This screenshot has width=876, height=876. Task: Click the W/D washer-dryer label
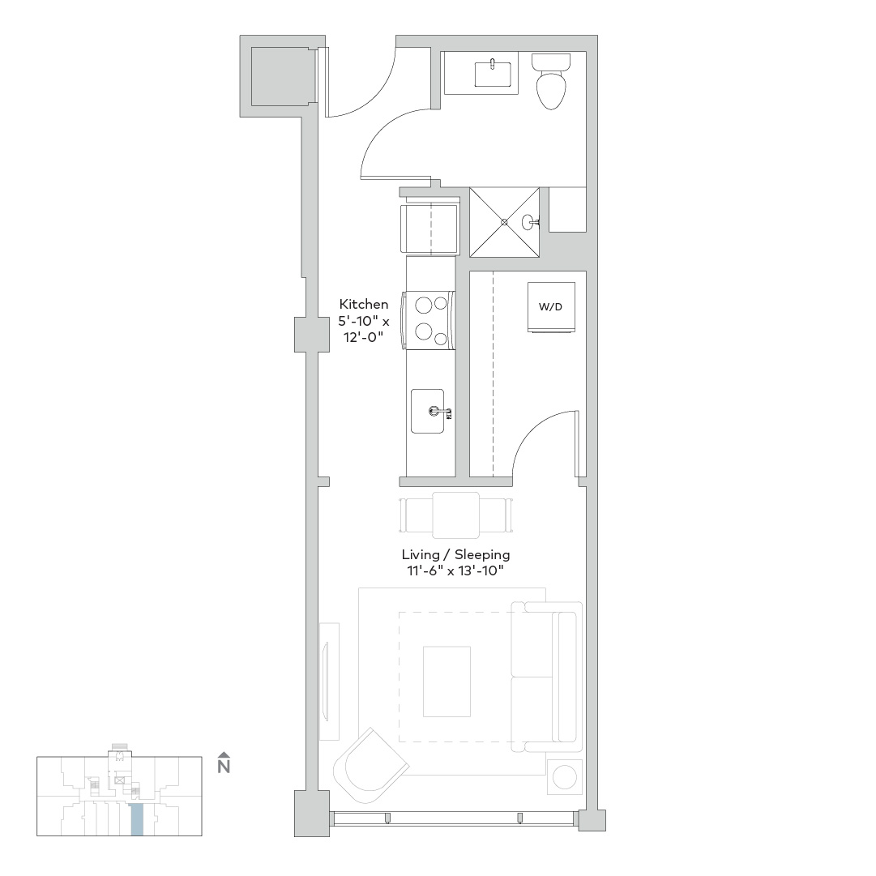pyautogui.click(x=550, y=306)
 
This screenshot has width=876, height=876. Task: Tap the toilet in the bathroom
pyautogui.click(x=551, y=82)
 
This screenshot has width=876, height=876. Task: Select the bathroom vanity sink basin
pyautogui.click(x=493, y=75)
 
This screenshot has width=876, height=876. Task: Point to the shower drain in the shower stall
pyautogui.click(x=504, y=222)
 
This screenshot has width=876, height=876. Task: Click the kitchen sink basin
pyautogui.click(x=428, y=411)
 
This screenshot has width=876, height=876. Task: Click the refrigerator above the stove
pyautogui.click(x=429, y=229)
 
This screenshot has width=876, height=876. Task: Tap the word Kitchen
pyautogui.click(x=364, y=305)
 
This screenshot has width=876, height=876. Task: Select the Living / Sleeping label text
pyautogui.click(x=456, y=555)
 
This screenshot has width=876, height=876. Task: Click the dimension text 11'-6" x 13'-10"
pyautogui.click(x=456, y=571)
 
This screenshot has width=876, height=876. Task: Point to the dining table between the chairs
pyautogui.click(x=456, y=515)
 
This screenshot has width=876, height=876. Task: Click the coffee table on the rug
pyautogui.click(x=447, y=682)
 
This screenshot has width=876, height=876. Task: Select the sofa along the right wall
pyautogui.click(x=547, y=677)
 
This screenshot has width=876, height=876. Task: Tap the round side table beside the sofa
pyautogui.click(x=565, y=776)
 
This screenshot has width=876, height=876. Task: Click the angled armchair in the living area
pyautogui.click(x=370, y=763)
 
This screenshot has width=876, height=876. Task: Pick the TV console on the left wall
pyautogui.click(x=329, y=682)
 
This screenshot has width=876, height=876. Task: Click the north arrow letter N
pyautogui.click(x=224, y=767)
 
